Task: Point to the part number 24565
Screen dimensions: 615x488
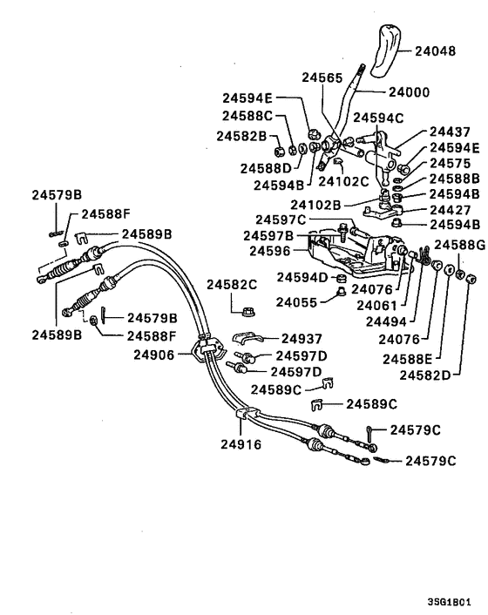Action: click(x=323, y=77)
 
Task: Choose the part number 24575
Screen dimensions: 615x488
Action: click(x=450, y=163)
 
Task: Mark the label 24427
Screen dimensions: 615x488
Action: click(x=450, y=209)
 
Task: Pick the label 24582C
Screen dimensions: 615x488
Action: click(x=232, y=284)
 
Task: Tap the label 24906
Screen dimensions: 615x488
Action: click(x=154, y=355)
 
